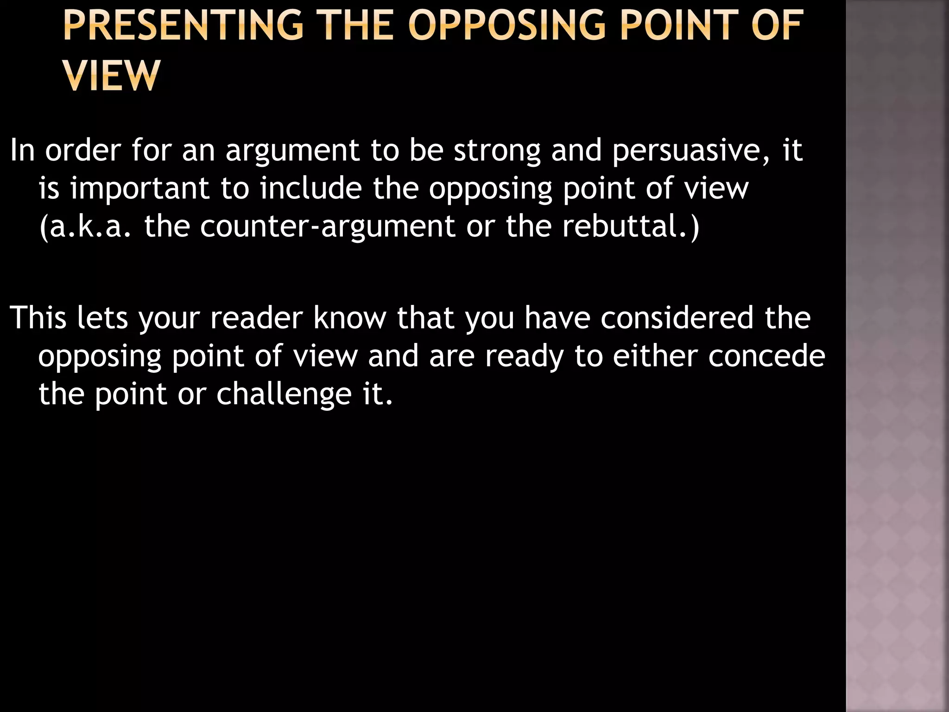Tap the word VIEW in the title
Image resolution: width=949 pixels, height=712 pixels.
[x=112, y=75]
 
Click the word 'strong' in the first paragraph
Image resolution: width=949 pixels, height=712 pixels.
[x=497, y=151]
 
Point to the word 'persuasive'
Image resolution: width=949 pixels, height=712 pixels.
[x=690, y=151]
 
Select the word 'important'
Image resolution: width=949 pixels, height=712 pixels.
[x=140, y=189]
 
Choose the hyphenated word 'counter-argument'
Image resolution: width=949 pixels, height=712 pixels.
[x=328, y=227]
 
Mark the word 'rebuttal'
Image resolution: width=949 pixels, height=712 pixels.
[x=626, y=227]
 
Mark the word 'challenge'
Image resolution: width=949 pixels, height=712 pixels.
[x=284, y=395]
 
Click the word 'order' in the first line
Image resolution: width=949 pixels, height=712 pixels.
[x=83, y=151]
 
